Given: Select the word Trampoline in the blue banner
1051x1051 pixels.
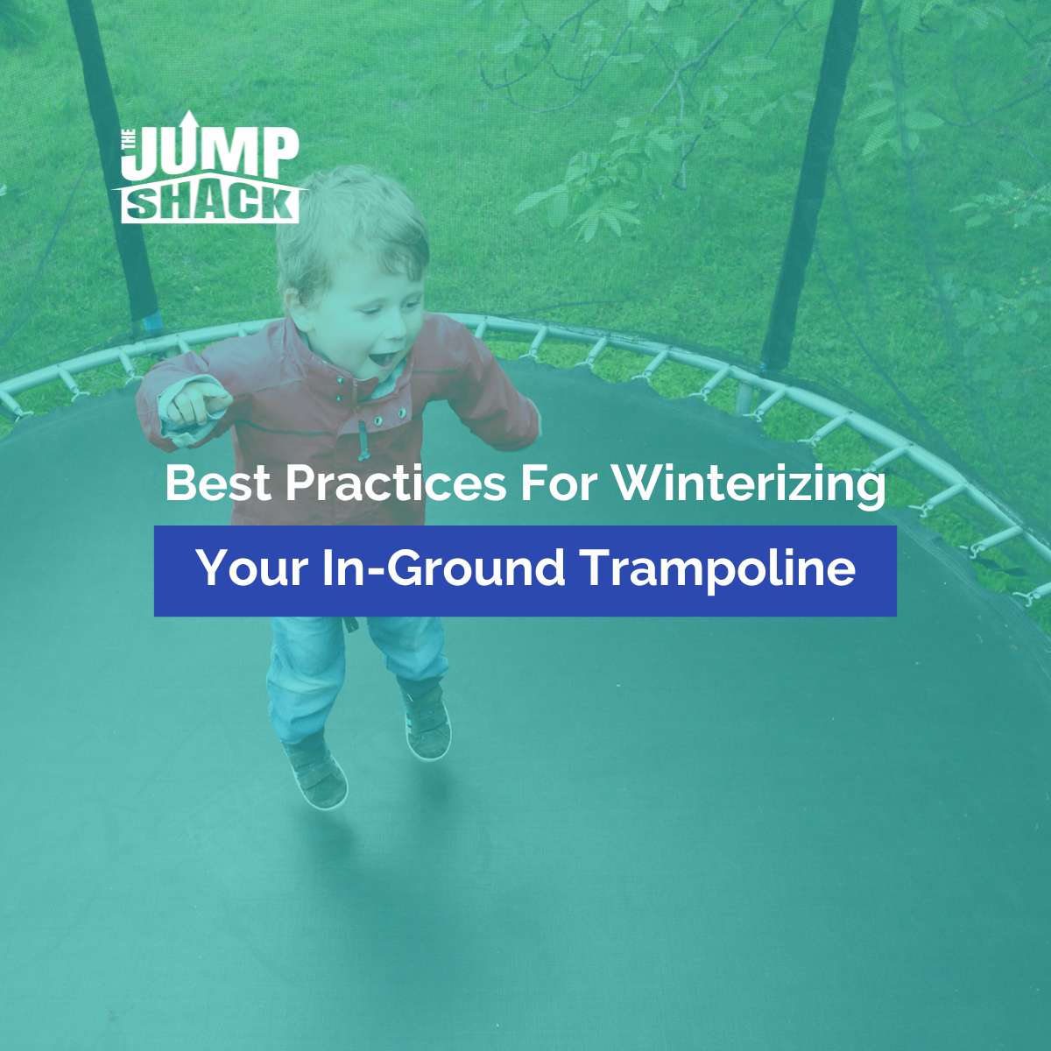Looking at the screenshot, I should coord(718,568).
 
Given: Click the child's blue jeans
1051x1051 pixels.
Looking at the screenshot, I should coord(350,666).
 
